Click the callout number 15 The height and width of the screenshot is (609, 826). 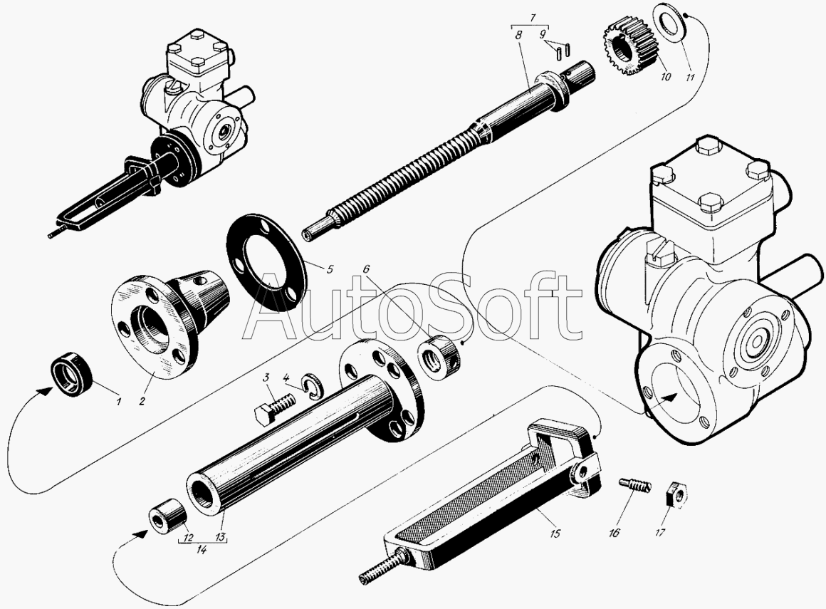(555, 533)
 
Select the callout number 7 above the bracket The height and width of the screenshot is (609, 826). (533, 18)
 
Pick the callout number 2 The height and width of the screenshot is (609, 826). (142, 401)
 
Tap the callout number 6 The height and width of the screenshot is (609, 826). (367, 269)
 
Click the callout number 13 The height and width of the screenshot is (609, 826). (220, 537)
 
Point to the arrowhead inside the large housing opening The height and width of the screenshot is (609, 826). (667, 397)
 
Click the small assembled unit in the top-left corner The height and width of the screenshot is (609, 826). (153, 132)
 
